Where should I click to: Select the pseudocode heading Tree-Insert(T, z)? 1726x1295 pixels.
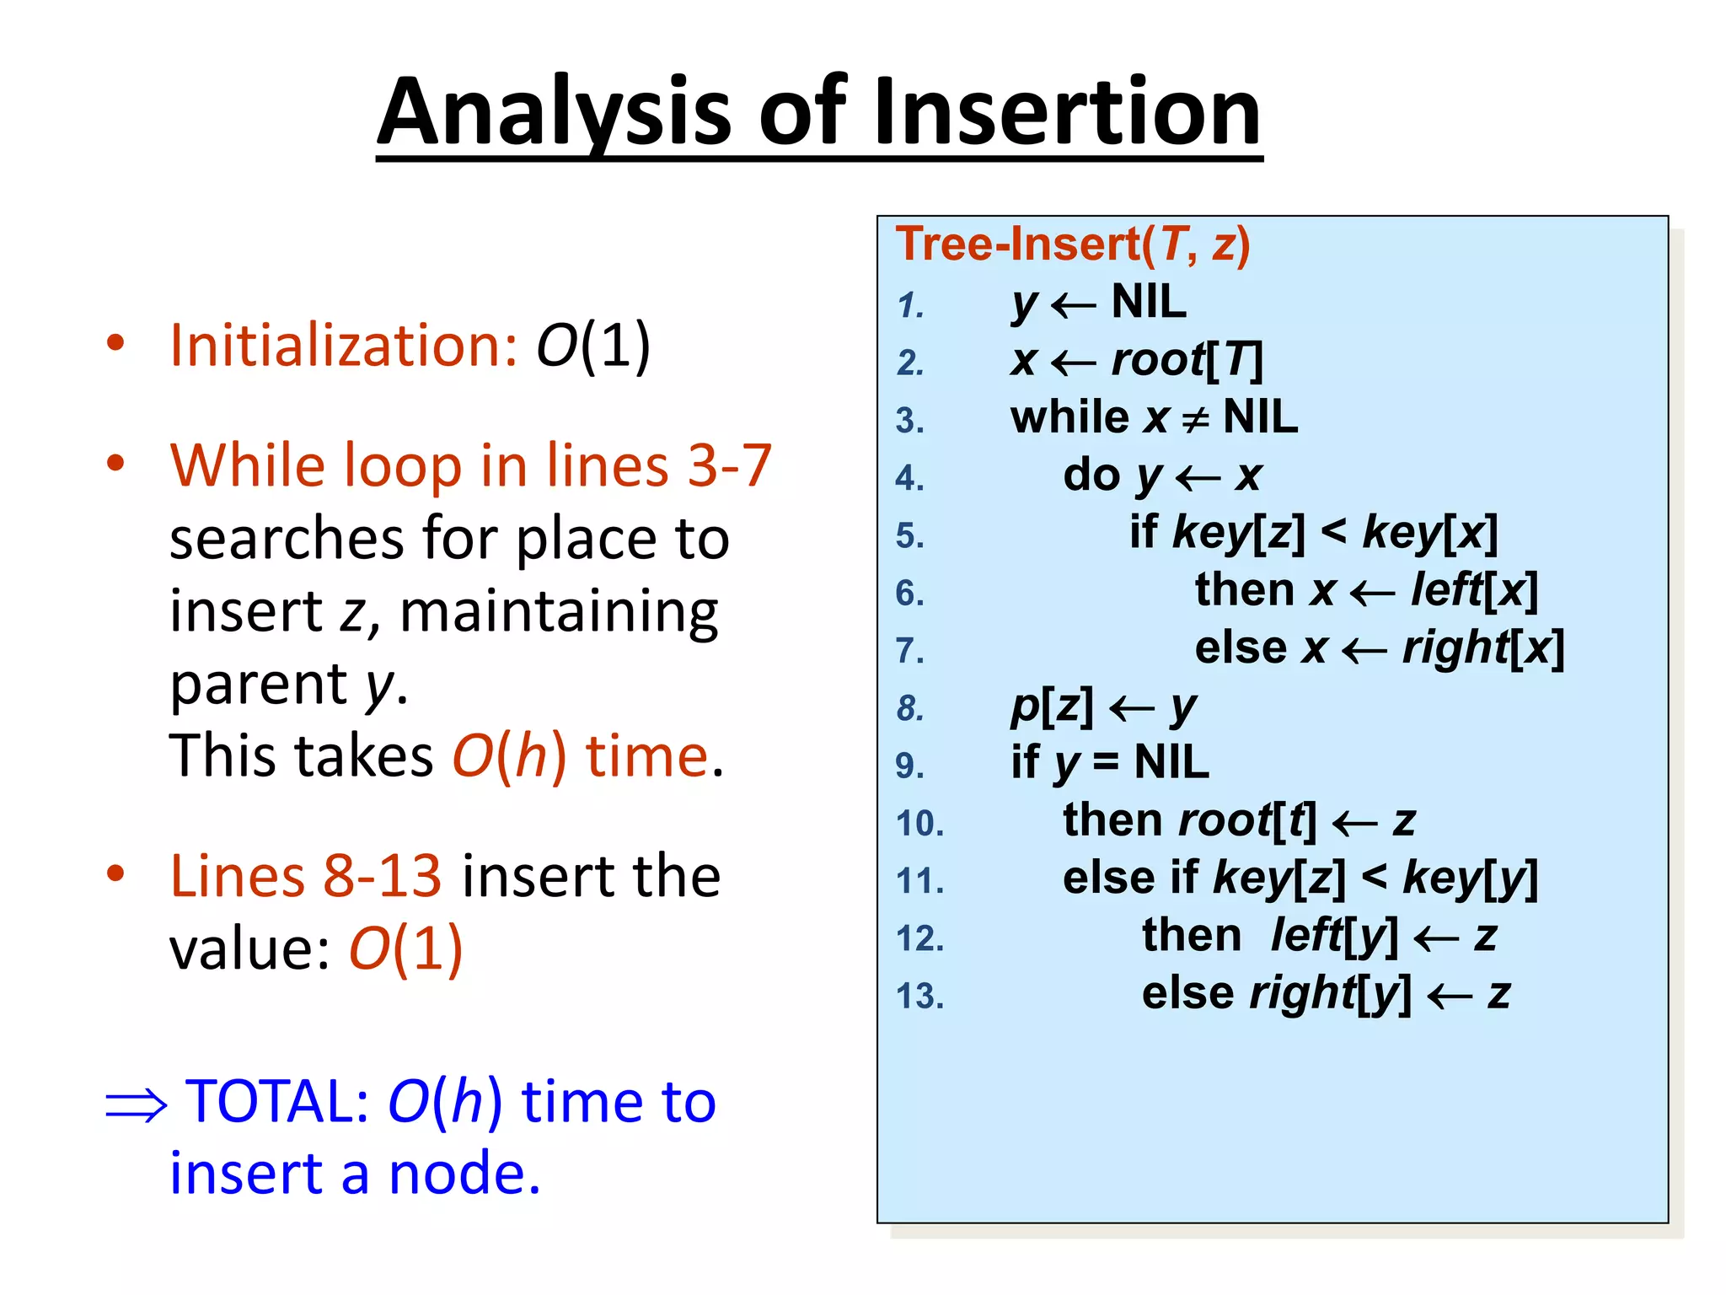pos(1072,244)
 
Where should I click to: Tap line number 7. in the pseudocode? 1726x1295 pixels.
pos(909,651)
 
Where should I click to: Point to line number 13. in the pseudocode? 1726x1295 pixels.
pos(919,997)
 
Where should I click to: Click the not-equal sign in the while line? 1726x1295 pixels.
pos(1195,419)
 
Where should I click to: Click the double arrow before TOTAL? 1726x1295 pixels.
pos(136,1104)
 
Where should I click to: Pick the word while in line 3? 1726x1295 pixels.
pos(1069,417)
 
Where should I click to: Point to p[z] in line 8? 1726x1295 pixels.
pos(1051,707)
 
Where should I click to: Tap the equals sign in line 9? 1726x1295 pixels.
pos(1106,764)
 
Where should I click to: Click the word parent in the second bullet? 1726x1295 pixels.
pos(259,685)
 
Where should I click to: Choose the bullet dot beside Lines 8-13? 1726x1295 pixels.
pos(115,874)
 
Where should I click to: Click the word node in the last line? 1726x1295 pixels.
pos(464,1174)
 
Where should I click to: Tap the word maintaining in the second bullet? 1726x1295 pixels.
pos(559,611)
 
